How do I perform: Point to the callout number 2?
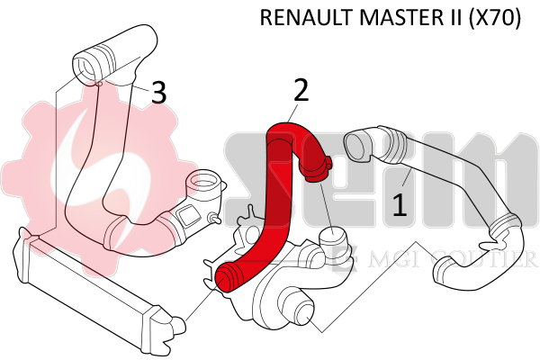point(301,90)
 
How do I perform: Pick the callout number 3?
point(158,93)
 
